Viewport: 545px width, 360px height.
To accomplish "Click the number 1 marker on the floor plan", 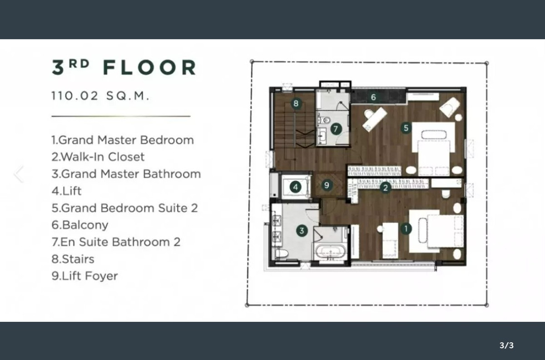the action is point(406,229).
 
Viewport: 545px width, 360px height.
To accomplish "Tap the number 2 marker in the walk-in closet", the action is point(386,187).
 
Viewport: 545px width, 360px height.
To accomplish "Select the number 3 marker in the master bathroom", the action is point(302,231).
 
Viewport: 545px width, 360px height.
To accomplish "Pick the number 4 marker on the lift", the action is point(296,187).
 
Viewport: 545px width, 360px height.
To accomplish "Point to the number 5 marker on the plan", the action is point(406,128).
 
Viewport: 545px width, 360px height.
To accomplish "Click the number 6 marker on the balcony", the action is point(373,97).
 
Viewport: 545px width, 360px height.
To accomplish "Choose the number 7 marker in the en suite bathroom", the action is point(336,128).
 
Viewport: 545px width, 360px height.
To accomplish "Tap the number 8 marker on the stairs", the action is point(296,104).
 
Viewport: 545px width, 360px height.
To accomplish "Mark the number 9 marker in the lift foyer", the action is point(327,185).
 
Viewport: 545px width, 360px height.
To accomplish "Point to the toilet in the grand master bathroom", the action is point(282,253).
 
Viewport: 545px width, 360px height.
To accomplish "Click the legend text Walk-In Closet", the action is point(98,157).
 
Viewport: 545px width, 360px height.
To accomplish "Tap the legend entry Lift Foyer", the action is point(84,276).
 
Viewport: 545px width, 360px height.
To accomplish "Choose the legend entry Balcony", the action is point(80,225).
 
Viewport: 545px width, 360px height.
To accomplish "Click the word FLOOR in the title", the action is point(149,67).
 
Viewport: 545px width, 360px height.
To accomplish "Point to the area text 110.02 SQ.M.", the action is point(100,96).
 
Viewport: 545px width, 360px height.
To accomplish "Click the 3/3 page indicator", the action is point(506,345).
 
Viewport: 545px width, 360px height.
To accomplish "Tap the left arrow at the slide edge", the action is point(19,174).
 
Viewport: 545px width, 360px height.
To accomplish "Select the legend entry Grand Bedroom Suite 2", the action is point(124,208).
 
